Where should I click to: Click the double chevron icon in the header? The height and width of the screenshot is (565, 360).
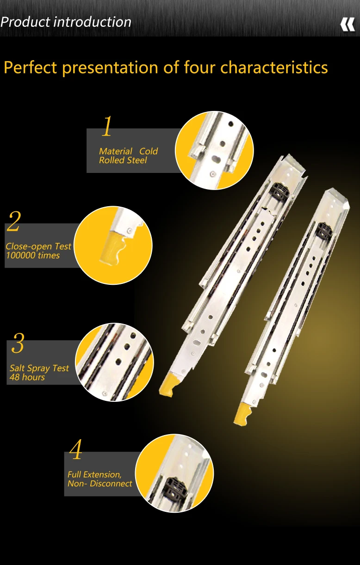point(348,25)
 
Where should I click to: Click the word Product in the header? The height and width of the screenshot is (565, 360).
point(25,22)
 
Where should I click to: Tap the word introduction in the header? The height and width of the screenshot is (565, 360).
point(93,22)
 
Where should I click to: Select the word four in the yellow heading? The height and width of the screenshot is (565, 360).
point(199,68)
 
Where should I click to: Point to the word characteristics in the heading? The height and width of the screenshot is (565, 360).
point(274,68)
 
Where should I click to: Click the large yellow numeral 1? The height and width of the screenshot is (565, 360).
point(107,126)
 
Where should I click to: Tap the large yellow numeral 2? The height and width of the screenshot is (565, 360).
point(14,221)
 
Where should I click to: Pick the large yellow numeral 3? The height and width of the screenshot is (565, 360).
point(18,343)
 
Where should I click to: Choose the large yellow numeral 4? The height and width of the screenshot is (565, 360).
point(76,449)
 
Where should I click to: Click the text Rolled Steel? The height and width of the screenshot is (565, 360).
point(123,160)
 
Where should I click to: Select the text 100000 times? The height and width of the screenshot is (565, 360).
point(33,255)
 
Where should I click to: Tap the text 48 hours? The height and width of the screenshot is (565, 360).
point(27,377)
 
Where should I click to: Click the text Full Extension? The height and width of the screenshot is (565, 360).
point(94,474)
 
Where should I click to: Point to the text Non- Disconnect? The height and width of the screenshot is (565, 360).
point(100,484)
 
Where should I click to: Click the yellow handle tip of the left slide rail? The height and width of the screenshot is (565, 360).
point(167,385)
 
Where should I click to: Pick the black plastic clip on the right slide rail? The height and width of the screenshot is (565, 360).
point(324,230)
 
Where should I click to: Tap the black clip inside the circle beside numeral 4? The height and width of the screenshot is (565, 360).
point(174,491)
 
